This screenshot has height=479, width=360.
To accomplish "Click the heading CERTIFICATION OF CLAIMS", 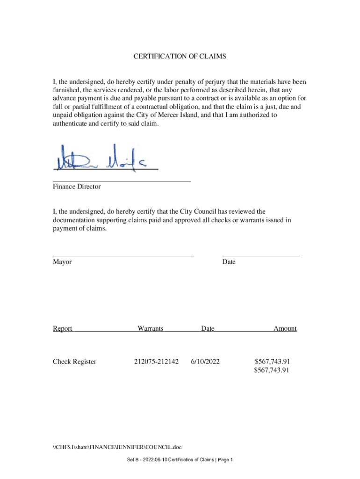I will pos(180,57).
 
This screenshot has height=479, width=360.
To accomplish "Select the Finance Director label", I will pos(77,187).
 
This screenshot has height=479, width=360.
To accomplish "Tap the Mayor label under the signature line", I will pos(62,262).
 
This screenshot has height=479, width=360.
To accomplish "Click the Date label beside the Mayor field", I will pos(229,262).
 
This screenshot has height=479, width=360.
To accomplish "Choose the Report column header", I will pos(63,328).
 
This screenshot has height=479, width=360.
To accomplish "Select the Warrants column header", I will pos(150,328).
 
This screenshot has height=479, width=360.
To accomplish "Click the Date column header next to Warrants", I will pos(208,328).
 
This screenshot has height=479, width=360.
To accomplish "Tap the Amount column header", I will pos(285,328).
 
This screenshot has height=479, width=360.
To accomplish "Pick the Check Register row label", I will pos(75,362).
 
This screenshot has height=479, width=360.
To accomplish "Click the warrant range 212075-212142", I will pos(156,362).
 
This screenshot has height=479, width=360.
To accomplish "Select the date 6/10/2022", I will pos(205,362).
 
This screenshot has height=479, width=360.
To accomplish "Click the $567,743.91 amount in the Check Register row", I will pos(272,362).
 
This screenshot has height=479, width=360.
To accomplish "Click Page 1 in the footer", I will pos(224,460).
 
